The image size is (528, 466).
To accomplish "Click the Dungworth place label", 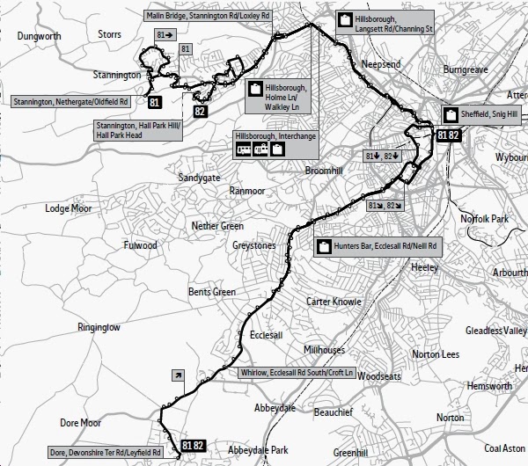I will [39, 35].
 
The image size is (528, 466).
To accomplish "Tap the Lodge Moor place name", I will [70, 208].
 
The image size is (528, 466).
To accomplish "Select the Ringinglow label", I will [99, 327].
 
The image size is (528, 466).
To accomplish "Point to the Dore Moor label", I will [81, 423].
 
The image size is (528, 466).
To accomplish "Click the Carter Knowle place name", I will [334, 302].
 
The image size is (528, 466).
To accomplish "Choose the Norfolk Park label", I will [485, 218].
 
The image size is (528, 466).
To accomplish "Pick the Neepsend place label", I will [382, 65].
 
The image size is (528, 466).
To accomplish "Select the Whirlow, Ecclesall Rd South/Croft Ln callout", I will [296, 373].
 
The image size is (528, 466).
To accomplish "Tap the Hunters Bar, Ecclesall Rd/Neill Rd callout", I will [378, 246].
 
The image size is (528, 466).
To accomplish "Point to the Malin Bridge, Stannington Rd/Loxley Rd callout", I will [207, 15].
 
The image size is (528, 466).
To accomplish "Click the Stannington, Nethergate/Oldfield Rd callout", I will [71, 102].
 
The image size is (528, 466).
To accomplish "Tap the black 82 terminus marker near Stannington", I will [201, 111].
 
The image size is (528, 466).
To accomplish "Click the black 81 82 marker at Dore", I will [193, 446].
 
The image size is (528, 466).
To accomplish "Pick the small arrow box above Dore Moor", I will [179, 375].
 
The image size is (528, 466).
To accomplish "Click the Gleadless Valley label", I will [496, 331].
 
